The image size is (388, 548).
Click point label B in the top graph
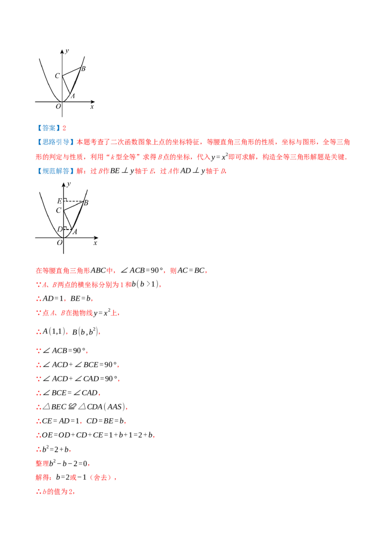[83, 69]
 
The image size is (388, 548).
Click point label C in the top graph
[57, 76]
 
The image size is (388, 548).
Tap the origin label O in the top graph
[58, 106]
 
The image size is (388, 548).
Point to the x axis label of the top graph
[92, 107]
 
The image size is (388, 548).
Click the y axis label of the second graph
[69, 184]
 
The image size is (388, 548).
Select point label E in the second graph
[60, 201]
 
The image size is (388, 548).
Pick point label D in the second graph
[60, 229]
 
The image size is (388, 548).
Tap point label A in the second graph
[75, 231]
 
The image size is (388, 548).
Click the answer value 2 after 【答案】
[64, 128]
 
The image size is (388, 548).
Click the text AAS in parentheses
[114, 407]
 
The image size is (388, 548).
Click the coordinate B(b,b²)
[85, 332]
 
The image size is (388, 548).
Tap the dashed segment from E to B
[74, 201]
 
